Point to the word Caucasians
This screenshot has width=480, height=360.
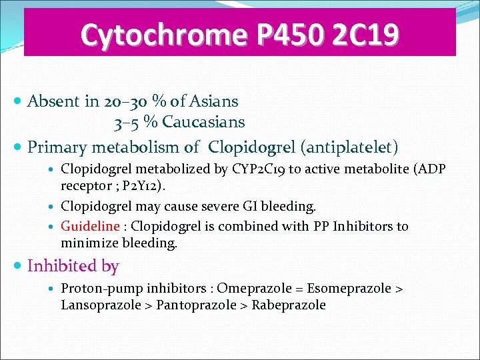[203, 123]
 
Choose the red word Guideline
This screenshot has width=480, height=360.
[89, 227]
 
